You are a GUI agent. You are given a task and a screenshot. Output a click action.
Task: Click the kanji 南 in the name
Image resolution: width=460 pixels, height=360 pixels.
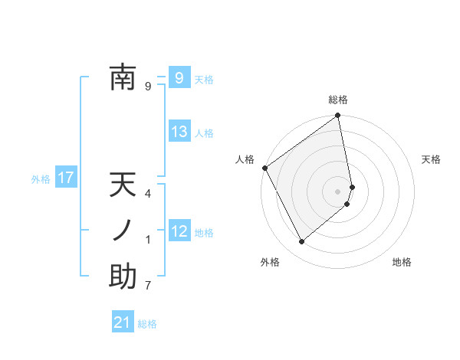pyautogui.click(x=123, y=78)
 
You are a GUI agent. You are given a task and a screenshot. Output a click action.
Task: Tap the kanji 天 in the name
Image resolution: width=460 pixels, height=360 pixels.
pyautogui.click(x=123, y=186)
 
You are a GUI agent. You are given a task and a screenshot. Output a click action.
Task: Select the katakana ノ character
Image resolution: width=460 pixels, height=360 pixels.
pyautogui.click(x=123, y=231)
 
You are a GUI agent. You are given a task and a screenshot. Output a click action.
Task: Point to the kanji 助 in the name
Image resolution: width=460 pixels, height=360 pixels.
pyautogui.click(x=123, y=277)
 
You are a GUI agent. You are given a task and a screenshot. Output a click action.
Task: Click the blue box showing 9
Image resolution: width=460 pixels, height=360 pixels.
pyautogui.click(x=179, y=77)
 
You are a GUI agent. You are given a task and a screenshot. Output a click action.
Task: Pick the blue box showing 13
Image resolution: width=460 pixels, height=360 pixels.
pyautogui.click(x=179, y=132)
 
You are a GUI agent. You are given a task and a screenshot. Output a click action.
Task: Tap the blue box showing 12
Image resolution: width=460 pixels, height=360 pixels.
pyautogui.click(x=179, y=231)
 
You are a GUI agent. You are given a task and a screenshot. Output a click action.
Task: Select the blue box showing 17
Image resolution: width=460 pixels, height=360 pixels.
pyautogui.click(x=65, y=178)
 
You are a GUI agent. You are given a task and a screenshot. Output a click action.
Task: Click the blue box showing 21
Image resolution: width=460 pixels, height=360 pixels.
pyautogui.click(x=123, y=322)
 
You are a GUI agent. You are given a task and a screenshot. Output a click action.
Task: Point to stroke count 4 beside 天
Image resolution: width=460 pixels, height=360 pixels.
pyautogui.click(x=148, y=194)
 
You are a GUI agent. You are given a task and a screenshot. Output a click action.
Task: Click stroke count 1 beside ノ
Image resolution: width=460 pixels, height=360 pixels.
pyautogui.click(x=148, y=240)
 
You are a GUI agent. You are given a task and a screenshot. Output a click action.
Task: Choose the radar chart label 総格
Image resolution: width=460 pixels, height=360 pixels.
pyautogui.click(x=338, y=100)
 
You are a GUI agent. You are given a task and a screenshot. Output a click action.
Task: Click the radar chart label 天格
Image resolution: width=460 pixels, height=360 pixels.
pyautogui.click(x=431, y=159)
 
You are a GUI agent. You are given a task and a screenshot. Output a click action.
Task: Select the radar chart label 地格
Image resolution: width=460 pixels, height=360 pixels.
pyautogui.click(x=402, y=262)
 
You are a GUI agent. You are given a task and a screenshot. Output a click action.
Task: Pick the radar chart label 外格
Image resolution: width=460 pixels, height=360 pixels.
pyautogui.click(x=270, y=262)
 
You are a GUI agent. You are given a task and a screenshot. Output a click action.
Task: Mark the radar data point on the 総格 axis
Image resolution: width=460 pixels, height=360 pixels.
pyautogui.click(x=338, y=116)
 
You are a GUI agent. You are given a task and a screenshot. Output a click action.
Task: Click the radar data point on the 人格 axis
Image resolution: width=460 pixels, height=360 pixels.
pyautogui.click(x=264, y=168)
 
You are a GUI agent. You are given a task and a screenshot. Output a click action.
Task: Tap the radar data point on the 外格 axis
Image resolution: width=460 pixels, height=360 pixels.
pyautogui.click(x=302, y=241)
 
